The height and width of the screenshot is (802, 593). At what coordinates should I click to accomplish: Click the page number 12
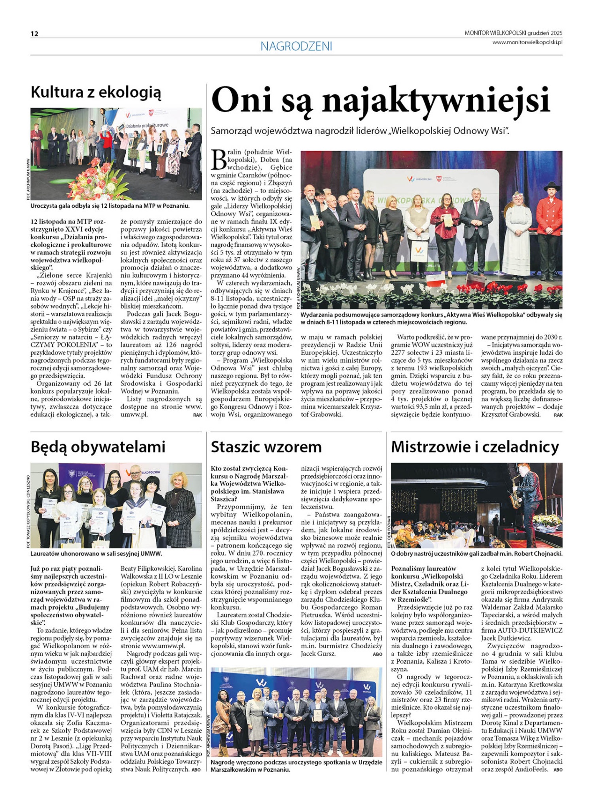(34, 34)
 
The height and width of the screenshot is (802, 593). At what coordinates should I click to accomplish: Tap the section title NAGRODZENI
(296, 46)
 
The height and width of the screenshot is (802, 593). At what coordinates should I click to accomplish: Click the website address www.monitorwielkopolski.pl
(527, 42)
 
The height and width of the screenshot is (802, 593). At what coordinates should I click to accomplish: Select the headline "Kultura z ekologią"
(96, 92)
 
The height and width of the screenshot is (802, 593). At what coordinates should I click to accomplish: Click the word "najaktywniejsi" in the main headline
(436, 101)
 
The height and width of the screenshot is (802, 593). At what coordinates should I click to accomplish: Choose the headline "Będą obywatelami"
(98, 447)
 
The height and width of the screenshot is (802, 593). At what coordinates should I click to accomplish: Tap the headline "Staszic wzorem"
(266, 447)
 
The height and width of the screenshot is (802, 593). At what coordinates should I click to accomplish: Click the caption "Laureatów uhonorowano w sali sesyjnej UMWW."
(96, 554)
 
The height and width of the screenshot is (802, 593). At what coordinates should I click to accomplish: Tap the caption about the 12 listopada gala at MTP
(110, 206)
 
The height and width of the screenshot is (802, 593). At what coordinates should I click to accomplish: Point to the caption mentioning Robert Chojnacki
(476, 554)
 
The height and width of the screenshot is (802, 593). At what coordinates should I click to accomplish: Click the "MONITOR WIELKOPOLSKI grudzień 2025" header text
(513, 33)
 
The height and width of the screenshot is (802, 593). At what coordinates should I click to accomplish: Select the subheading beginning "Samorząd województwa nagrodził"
(360, 131)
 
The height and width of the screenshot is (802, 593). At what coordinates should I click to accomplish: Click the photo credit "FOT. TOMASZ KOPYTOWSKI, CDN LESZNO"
(28, 511)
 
